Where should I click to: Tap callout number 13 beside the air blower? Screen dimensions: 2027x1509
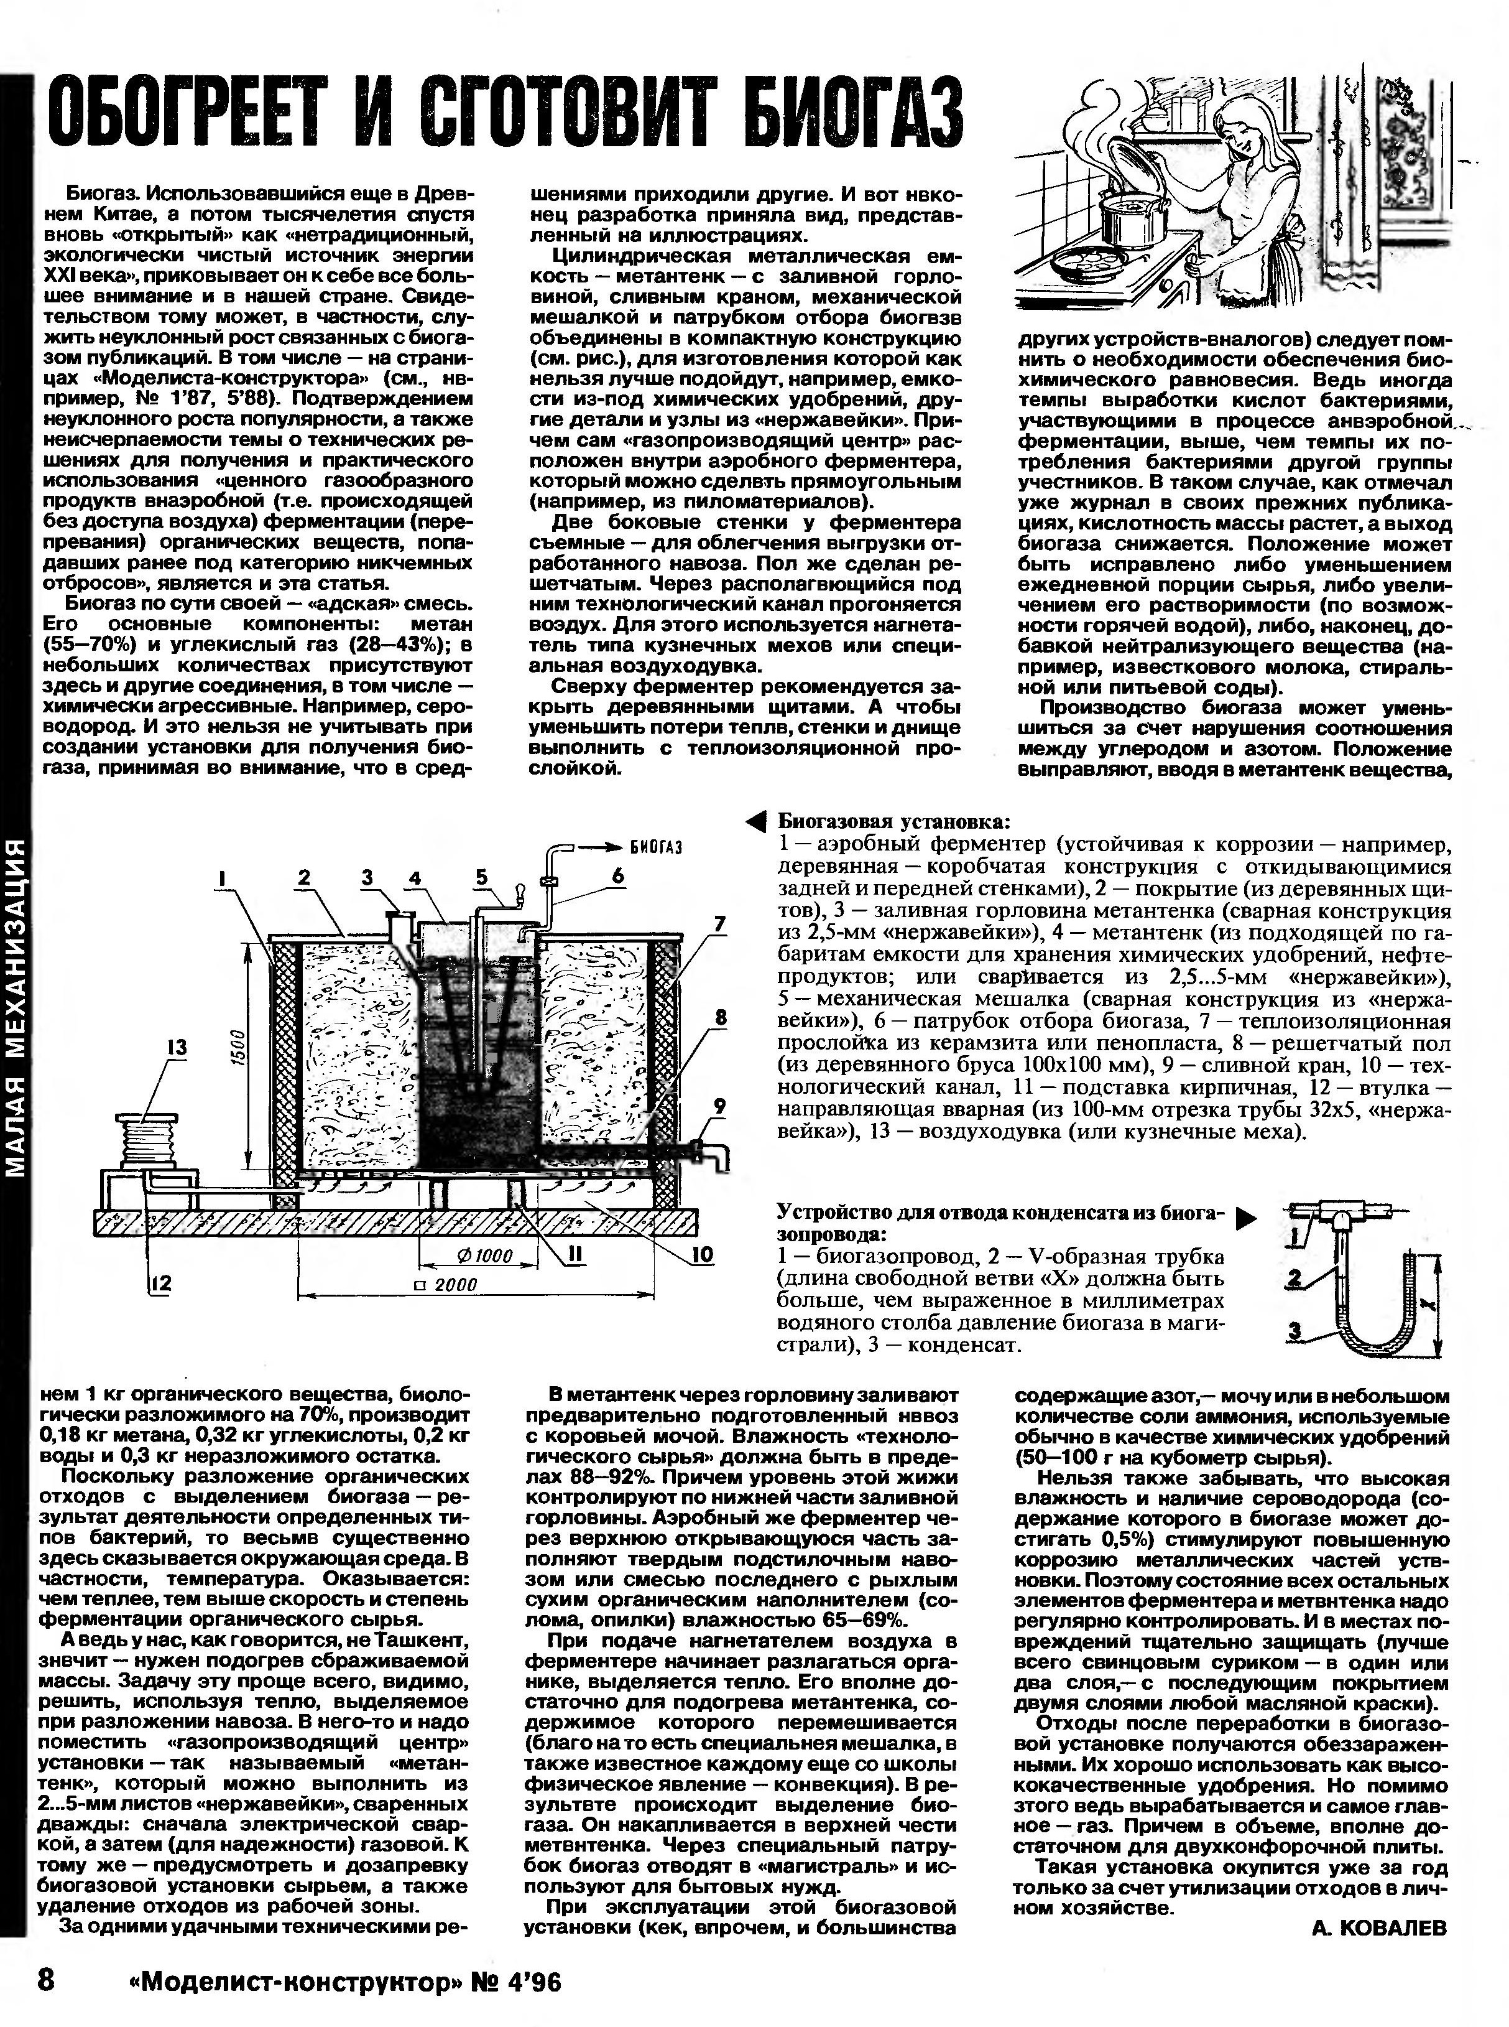pyautogui.click(x=175, y=1046)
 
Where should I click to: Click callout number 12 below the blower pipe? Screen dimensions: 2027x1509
pyautogui.click(x=162, y=1283)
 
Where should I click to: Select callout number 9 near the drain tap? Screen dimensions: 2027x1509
pyautogui.click(x=720, y=1106)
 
